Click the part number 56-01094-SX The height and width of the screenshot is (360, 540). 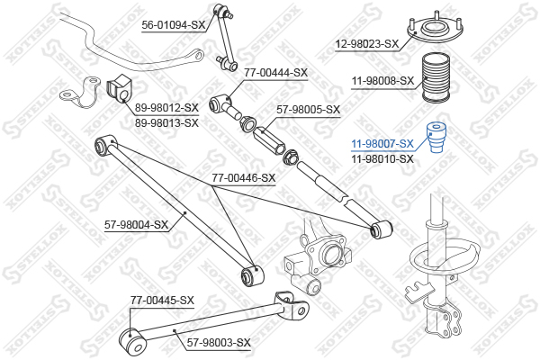pyautogui.click(x=173, y=25)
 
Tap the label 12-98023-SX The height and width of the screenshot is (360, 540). pyautogui.click(x=367, y=44)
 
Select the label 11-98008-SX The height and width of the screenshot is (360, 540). pyautogui.click(x=382, y=81)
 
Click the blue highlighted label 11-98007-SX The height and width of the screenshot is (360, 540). pyautogui.click(x=382, y=143)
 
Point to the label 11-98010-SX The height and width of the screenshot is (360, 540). pyautogui.click(x=382, y=158)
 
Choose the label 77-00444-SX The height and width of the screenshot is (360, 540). pyautogui.click(x=276, y=73)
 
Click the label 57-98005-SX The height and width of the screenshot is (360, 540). pyautogui.click(x=308, y=110)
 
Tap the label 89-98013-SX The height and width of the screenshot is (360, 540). pyautogui.click(x=166, y=122)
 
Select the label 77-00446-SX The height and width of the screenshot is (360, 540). pyautogui.click(x=244, y=178)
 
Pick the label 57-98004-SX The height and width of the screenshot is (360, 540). pyautogui.click(x=137, y=225)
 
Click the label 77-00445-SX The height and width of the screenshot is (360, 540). pyautogui.click(x=162, y=300)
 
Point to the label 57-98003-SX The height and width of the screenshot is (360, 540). pyautogui.click(x=219, y=342)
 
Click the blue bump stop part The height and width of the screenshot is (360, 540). pyautogui.click(x=436, y=137)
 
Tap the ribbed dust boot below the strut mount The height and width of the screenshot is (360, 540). pyautogui.click(x=436, y=78)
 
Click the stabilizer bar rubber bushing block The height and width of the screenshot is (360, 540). pyautogui.click(x=119, y=88)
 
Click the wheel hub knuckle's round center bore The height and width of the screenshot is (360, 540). pyautogui.click(x=331, y=254)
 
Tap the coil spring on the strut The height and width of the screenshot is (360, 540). pyautogui.click(x=443, y=259)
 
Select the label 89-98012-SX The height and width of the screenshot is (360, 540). pyautogui.click(x=166, y=107)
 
